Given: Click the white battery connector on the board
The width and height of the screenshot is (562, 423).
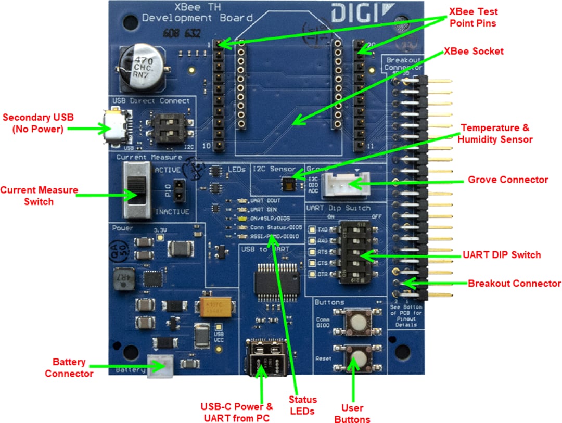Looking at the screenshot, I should tap(159, 365).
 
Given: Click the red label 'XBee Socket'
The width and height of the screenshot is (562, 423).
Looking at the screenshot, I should tap(473, 52).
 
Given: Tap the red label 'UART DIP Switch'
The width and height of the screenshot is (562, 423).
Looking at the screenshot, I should tap(502, 255).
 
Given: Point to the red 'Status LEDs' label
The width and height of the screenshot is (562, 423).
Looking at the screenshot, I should tap(302, 405).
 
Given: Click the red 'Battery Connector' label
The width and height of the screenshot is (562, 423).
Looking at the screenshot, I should tap(69, 367).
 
